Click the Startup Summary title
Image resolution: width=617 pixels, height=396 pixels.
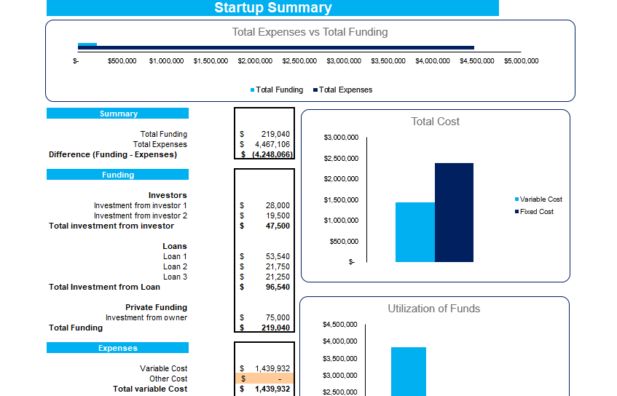pyautogui.click(x=272, y=8)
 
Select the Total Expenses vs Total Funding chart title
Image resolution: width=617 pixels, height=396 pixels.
pyautogui.click(x=310, y=32)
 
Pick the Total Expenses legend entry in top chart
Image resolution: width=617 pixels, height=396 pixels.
pyautogui.click(x=345, y=90)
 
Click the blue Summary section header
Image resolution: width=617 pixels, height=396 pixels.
pyautogui.click(x=118, y=114)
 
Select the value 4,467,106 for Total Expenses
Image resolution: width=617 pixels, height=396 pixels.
pyautogui.click(x=273, y=144)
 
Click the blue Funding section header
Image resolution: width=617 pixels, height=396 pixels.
pyautogui.click(x=118, y=175)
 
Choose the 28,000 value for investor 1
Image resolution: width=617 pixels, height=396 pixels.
pyautogui.click(x=278, y=205)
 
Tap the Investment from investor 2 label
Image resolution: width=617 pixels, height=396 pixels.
pyautogui.click(x=140, y=215)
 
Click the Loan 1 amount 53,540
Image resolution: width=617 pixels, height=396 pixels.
pyautogui.click(x=278, y=256)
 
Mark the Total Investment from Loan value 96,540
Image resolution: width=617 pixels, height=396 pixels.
pyautogui.click(x=278, y=287)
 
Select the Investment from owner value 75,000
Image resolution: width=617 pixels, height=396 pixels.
pyautogui.click(x=278, y=317)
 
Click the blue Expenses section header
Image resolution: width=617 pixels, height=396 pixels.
pyautogui.click(x=118, y=348)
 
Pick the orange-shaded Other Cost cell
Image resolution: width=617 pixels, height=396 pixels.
pyautogui.click(x=265, y=379)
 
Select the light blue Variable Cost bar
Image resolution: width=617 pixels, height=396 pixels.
pyautogui.click(x=414, y=232)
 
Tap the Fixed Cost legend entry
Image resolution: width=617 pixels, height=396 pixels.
pyautogui.click(x=536, y=211)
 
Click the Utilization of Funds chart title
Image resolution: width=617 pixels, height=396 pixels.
pyautogui.click(x=433, y=309)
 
